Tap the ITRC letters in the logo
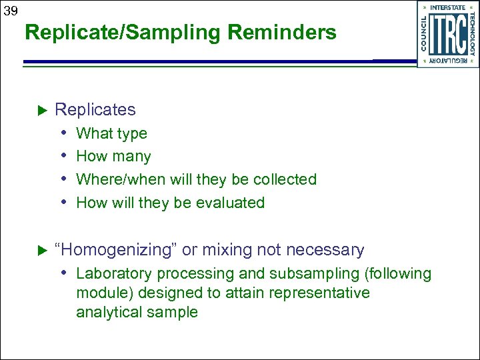point(447,33)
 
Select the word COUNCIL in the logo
point(425,33)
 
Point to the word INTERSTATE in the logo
point(448,7)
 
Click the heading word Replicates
point(95,109)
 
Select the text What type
point(111,133)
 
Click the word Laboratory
point(109,273)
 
